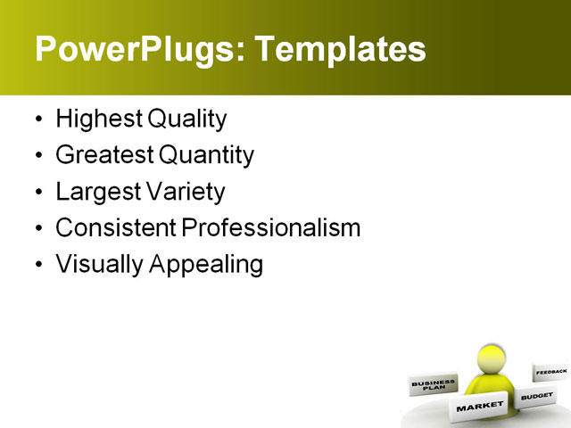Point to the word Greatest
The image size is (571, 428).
pos(104,155)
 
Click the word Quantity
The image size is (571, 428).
pos(207,155)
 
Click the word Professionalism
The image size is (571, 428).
pos(270,228)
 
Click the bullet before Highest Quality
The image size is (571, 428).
pos(37,119)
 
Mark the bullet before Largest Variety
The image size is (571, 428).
pos(37,193)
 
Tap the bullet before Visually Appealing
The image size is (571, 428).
pos(37,266)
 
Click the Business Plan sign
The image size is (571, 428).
pos(433,385)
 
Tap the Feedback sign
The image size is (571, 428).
pos(550,371)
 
